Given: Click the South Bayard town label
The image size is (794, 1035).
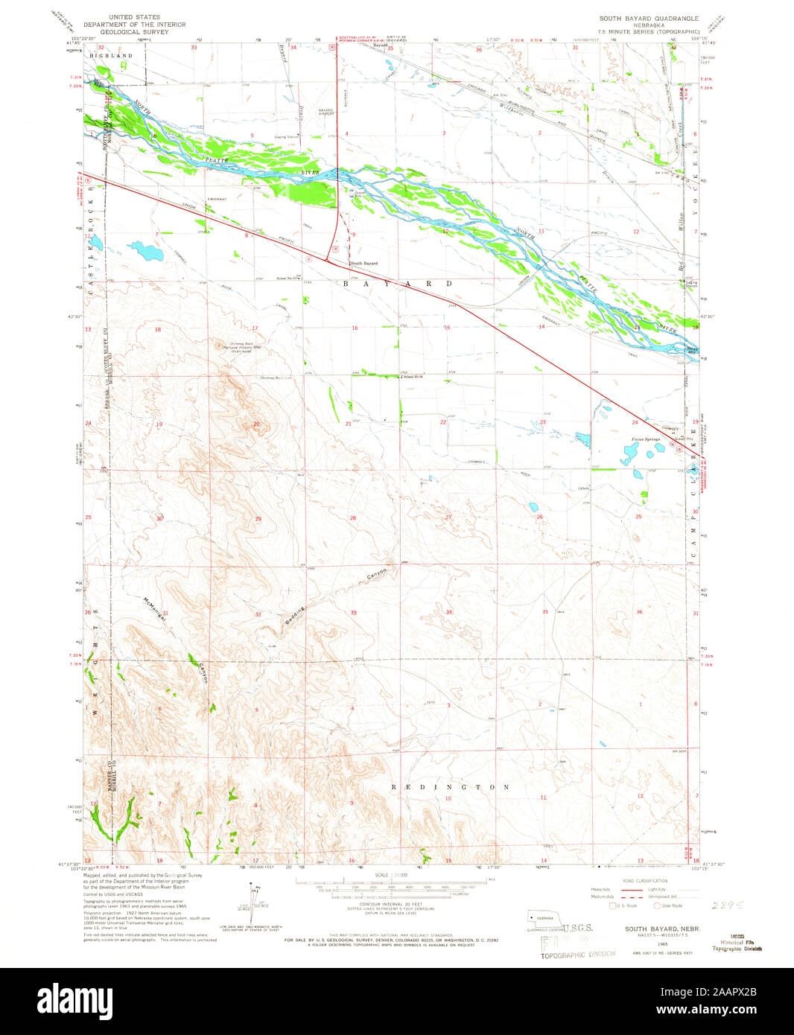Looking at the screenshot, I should point(364,264).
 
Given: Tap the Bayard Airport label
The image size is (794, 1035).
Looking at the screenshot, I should point(325,112).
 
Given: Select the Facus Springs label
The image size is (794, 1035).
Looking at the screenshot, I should point(646,440).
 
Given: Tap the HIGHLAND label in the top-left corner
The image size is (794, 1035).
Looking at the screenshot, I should point(110,56).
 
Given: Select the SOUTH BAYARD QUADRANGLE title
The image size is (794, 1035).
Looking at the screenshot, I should point(649,17).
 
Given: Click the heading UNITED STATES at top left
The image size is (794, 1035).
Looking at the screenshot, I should point(134,16).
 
